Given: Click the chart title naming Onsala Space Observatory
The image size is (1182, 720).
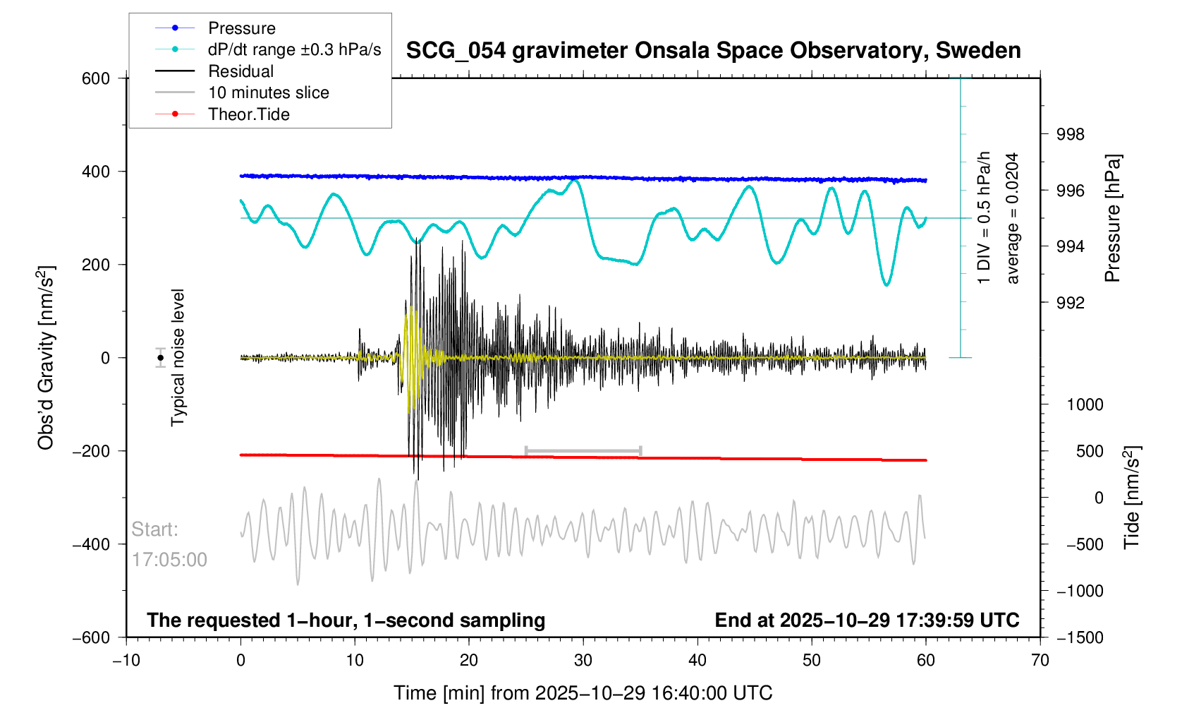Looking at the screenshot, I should coord(713,51).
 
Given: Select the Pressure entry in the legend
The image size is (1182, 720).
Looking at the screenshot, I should coord(241,28).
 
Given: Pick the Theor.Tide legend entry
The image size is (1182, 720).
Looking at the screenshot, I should coord(248,114).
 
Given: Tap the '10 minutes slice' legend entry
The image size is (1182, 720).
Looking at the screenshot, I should coord(268,92).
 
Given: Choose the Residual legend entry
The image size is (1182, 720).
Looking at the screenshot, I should coord(240,71).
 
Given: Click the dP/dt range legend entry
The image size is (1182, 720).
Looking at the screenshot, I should coord(294,49).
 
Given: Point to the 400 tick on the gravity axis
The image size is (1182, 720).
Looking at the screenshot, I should coord(96,172).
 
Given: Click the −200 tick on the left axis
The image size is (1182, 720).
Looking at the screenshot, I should coord(92,451).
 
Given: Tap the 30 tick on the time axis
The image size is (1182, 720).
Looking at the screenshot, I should coord(583,661).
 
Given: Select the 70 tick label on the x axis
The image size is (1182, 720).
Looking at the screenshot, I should coord(1040,661).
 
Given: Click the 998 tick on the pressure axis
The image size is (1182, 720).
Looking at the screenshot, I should coord(1070,135).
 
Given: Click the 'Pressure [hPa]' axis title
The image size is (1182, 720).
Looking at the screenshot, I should coord(1113,218).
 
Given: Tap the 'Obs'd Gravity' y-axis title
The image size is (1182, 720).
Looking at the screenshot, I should coord(46,358).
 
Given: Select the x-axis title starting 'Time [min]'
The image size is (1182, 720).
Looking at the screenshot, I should coord(583,693).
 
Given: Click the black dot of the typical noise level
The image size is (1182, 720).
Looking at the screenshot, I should coord(161,358).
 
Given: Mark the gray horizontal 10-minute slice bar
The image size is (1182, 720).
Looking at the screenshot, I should coord(583,450).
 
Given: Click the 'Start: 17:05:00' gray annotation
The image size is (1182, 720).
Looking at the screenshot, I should coord(169,544).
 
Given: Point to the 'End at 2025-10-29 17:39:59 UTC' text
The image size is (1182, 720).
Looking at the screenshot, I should coord(867,620).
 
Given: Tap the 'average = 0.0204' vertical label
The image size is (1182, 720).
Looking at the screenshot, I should coord(1013,218).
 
